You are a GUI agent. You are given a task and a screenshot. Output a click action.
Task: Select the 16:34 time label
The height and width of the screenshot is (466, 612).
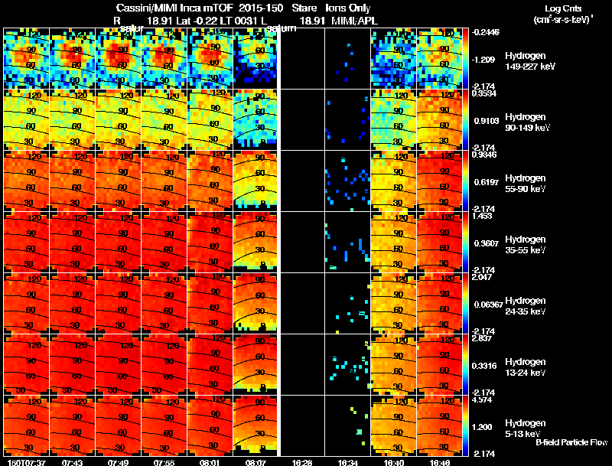click(347, 462)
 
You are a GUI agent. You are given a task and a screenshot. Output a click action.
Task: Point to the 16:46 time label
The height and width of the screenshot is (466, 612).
click(440, 462)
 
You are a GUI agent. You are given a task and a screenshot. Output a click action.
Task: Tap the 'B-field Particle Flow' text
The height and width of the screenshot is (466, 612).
click(571, 443)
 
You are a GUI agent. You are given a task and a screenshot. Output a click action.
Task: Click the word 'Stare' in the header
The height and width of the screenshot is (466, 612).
click(304, 8)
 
